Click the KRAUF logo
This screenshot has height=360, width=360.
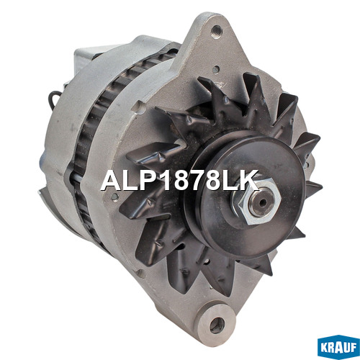[x=338, y=347]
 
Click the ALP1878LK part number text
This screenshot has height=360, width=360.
[x=179, y=180]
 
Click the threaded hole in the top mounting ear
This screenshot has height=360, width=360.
[x=216, y=31]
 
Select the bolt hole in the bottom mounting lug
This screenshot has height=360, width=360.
[x=217, y=325]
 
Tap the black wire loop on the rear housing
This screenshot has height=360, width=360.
[x=53, y=98]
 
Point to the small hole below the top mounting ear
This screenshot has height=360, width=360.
[x=216, y=69]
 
